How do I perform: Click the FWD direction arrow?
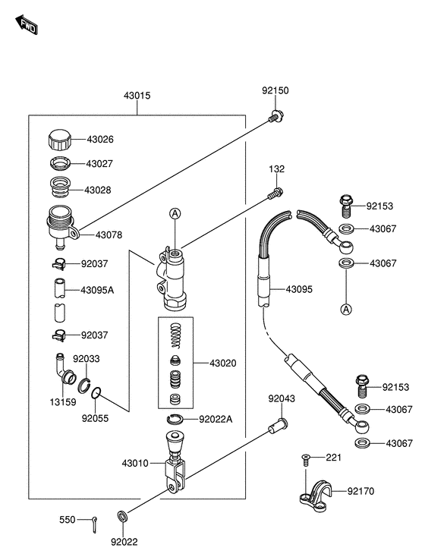[27, 24]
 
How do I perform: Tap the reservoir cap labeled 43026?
[59, 140]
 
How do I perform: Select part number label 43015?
[137, 96]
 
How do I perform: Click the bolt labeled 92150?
[276, 116]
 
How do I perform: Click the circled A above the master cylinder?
[175, 213]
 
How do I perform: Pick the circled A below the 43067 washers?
[346, 309]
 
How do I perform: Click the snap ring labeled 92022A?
[175, 419]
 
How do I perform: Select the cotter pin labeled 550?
[95, 524]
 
